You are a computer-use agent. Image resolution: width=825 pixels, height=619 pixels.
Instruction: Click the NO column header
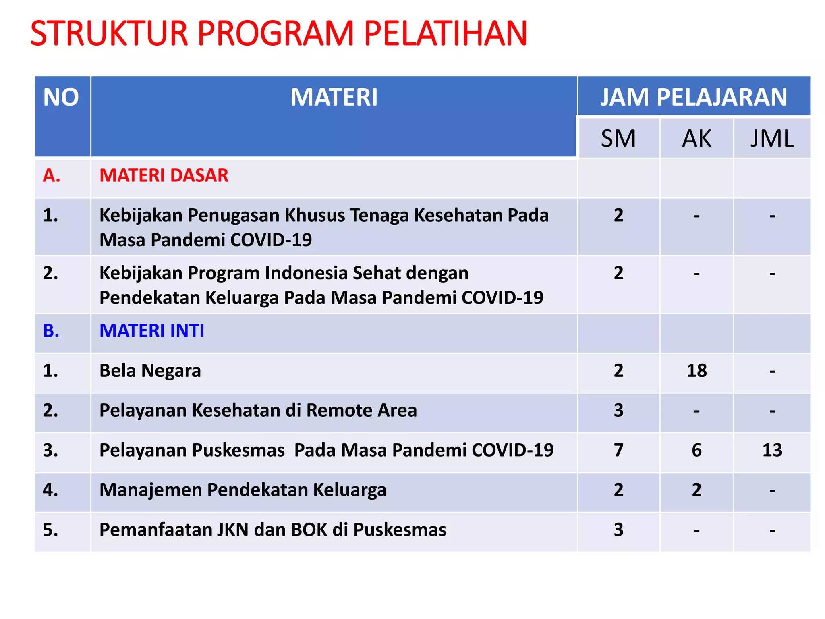click(x=61, y=98)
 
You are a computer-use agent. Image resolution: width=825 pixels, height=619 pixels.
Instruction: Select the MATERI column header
click(x=334, y=98)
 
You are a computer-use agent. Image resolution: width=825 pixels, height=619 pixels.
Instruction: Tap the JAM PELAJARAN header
click(x=693, y=98)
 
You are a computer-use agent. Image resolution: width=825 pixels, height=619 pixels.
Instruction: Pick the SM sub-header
click(x=618, y=139)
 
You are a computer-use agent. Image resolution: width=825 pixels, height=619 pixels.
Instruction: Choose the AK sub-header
click(x=696, y=139)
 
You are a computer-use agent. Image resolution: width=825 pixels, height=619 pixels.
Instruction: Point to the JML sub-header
click(x=772, y=139)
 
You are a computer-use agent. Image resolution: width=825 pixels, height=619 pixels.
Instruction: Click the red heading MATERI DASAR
click(x=164, y=176)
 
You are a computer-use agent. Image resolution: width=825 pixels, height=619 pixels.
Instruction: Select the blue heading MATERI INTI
click(x=151, y=331)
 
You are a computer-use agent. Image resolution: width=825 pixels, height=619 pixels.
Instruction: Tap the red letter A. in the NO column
click(x=52, y=176)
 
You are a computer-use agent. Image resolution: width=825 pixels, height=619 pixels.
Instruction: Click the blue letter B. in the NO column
click(x=51, y=331)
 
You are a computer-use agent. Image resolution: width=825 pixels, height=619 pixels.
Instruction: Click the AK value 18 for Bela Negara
click(x=696, y=371)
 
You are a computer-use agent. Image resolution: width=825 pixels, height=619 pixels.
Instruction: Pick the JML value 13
click(x=772, y=450)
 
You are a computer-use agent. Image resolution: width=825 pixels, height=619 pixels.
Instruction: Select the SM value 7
click(x=618, y=450)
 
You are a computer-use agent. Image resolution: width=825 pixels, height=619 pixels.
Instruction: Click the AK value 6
click(x=696, y=450)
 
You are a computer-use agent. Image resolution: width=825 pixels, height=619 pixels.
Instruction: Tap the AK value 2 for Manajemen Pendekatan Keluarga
click(x=696, y=490)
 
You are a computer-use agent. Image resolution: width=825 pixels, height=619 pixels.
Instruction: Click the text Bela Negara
click(x=150, y=371)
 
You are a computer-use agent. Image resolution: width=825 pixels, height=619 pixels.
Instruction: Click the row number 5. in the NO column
click(x=51, y=530)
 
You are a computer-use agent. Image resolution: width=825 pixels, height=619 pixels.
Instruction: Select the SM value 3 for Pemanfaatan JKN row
click(x=618, y=530)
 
